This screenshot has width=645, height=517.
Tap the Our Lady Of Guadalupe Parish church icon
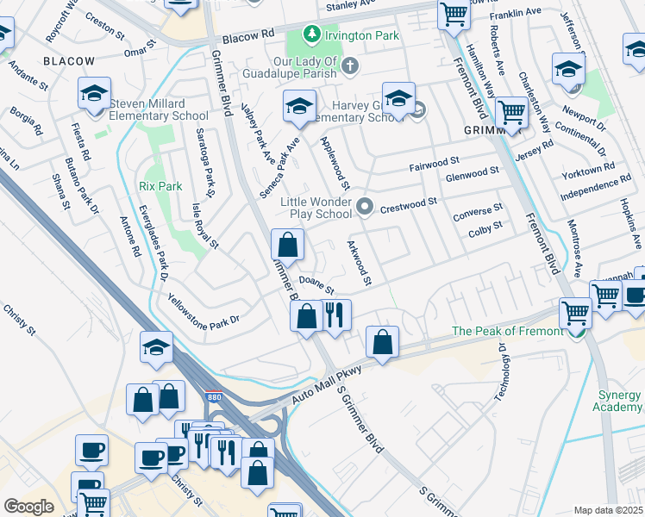351,65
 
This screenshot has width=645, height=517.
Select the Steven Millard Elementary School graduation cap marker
94,95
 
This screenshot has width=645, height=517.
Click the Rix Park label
157,186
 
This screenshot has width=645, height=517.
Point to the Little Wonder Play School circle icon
366,205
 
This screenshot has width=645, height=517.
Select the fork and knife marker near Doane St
335,315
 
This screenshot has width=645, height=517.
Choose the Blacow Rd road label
247,34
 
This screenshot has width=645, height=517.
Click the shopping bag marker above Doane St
287,245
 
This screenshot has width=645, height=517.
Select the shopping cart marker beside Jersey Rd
512,112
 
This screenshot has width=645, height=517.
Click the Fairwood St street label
435,162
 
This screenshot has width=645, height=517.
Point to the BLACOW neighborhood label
69,61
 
